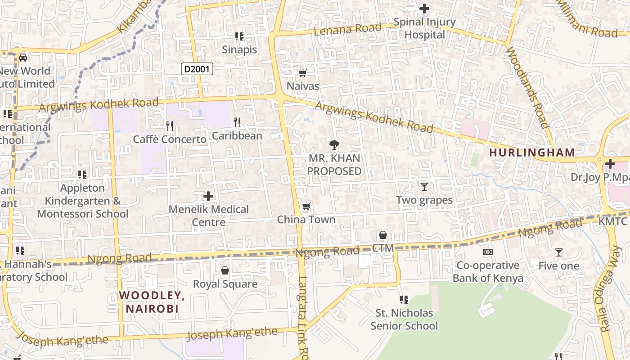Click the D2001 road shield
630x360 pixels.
point(197,69)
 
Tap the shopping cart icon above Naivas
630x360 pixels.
point(302,73)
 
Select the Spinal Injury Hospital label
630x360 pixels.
point(424,28)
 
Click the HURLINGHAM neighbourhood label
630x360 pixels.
point(532,153)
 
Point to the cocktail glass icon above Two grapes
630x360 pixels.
point(424,186)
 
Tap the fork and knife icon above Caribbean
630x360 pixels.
point(237,122)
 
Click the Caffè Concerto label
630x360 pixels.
point(170,139)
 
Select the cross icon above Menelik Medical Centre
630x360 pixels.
point(208,196)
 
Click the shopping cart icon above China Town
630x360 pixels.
point(306,207)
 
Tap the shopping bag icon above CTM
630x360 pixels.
point(383,235)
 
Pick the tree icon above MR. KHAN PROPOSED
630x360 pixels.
point(334,145)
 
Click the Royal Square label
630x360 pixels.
point(225,284)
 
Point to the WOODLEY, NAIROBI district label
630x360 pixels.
point(152,302)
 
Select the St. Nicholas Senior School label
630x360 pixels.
point(404,319)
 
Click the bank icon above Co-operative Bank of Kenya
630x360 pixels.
point(487,252)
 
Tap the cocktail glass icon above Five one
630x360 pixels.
point(558,252)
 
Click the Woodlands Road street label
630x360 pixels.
point(527,87)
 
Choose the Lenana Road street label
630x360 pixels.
point(342,30)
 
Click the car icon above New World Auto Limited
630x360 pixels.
point(23,57)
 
